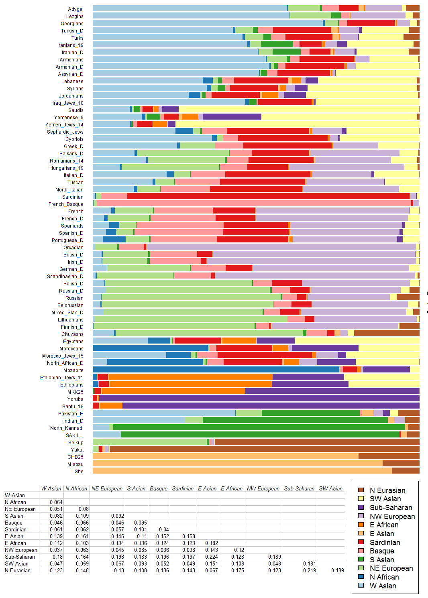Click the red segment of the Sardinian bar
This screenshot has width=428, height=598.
(x=268, y=196)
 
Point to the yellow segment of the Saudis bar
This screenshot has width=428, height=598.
(x=299, y=110)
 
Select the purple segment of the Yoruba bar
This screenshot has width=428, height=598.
(x=259, y=399)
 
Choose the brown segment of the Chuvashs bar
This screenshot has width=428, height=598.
(x=387, y=334)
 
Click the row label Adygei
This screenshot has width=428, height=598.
(x=76, y=9)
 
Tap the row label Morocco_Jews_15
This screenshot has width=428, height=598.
(x=63, y=356)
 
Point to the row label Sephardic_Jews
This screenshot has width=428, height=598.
(x=65, y=132)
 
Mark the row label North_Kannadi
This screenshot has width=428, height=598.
(x=67, y=428)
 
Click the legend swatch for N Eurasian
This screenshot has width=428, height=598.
(x=361, y=490)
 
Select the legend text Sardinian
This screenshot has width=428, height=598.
(x=385, y=542)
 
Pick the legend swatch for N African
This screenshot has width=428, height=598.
(x=361, y=577)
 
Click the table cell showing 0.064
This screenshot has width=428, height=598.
(x=56, y=502)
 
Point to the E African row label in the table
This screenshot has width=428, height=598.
(x=15, y=543)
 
